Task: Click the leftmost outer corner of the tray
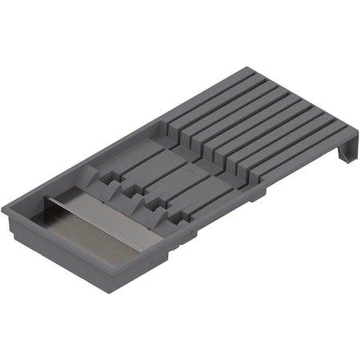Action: [4, 210]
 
